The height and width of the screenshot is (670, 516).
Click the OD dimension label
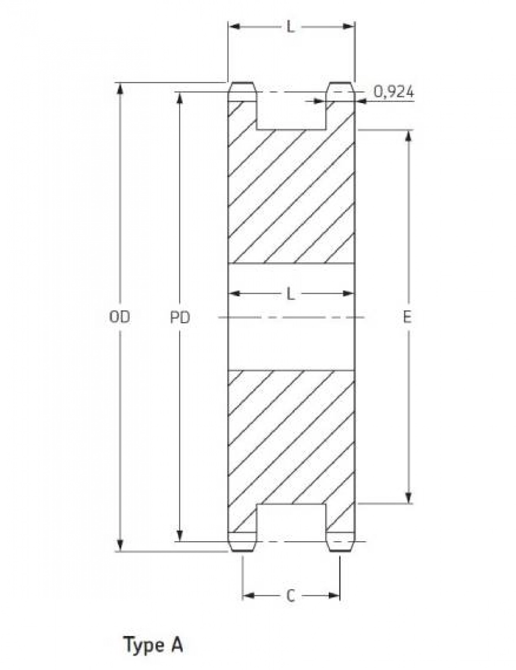click(120, 317)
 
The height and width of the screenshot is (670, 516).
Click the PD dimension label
click(180, 317)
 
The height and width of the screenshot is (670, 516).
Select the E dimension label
click(407, 317)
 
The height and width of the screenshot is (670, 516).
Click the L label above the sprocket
click(291, 27)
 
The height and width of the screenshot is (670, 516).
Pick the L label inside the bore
click(291, 294)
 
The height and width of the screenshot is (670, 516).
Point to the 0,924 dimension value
click(394, 92)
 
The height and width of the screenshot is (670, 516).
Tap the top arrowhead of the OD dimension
click(120, 88)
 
